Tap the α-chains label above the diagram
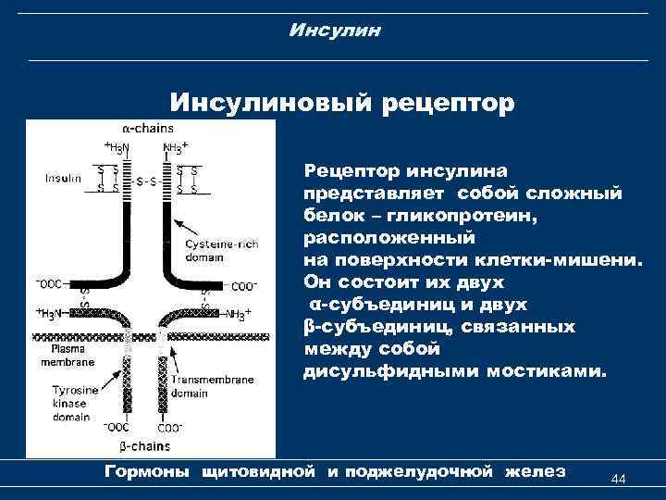click(x=147, y=130)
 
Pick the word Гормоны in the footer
click(x=147, y=472)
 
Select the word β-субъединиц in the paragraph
click(x=363, y=327)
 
